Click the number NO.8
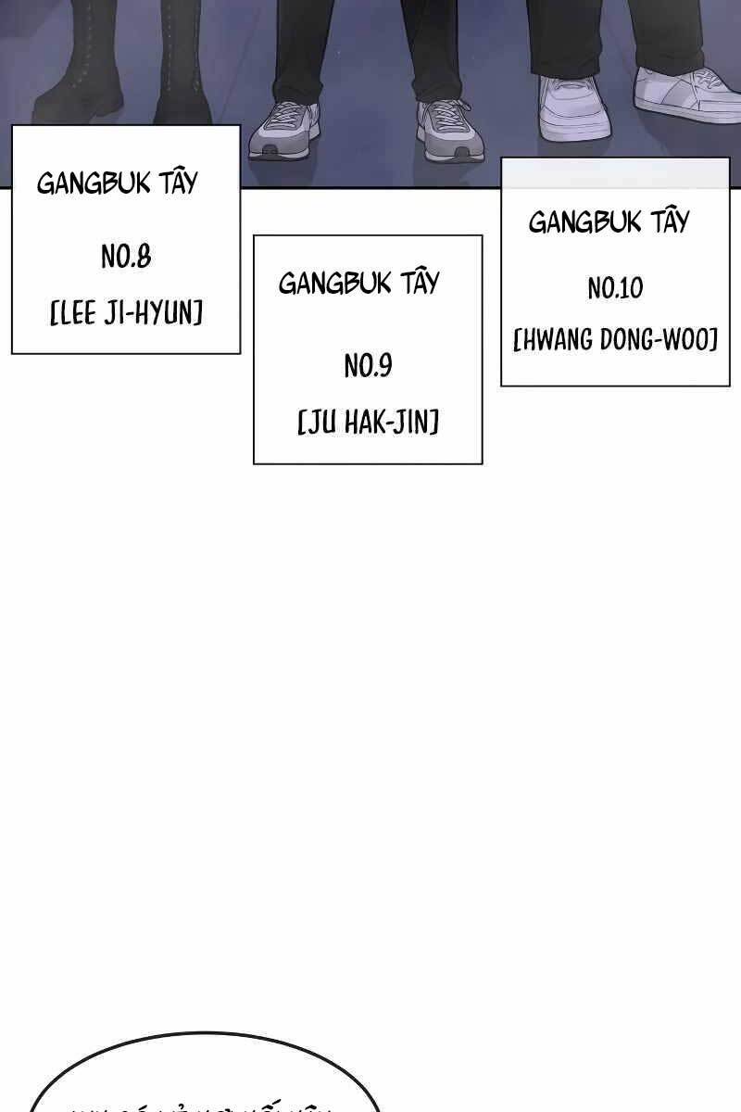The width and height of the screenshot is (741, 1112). pyautogui.click(x=126, y=257)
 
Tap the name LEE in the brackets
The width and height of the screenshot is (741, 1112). pyautogui.click(x=77, y=313)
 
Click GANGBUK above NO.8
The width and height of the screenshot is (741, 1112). pyautogui.click(x=93, y=183)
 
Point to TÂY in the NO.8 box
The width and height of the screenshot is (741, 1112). pyautogui.click(x=178, y=181)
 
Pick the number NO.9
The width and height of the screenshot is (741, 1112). pyautogui.click(x=368, y=366)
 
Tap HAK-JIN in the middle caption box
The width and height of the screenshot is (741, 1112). pyautogui.click(x=390, y=423)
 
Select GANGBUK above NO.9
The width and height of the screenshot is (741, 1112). pyautogui.click(x=334, y=283)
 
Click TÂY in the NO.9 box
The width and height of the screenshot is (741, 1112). pyautogui.click(x=420, y=281)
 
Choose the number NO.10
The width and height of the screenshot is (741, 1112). pyautogui.click(x=615, y=289)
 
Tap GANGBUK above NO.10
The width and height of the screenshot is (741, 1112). pyautogui.click(x=584, y=222)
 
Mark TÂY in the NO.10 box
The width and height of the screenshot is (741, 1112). pyautogui.click(x=670, y=221)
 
